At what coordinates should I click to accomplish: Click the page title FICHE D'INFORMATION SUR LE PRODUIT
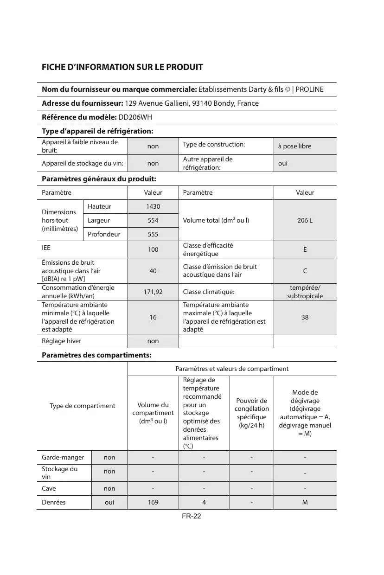(122, 67)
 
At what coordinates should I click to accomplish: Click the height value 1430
(153, 206)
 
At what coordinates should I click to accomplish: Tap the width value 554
(153, 220)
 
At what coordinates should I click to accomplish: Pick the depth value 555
(153, 235)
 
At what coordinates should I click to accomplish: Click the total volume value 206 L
(305, 220)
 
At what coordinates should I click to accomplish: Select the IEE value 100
(153, 249)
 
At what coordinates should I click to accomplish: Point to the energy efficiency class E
(305, 249)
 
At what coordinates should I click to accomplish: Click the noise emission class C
(305, 271)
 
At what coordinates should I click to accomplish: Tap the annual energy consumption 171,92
(153, 292)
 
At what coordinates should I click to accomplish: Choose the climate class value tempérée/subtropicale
(305, 292)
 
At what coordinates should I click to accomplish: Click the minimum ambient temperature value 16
(153, 317)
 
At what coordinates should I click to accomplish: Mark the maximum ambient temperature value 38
(305, 317)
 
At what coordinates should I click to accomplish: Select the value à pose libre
(294, 147)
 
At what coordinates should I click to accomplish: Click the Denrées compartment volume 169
(153, 502)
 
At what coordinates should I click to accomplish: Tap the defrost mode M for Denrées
(305, 502)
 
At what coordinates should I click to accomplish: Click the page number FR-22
(191, 517)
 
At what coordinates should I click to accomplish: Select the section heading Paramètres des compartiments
(96, 355)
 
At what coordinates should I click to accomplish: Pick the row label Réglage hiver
(61, 341)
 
